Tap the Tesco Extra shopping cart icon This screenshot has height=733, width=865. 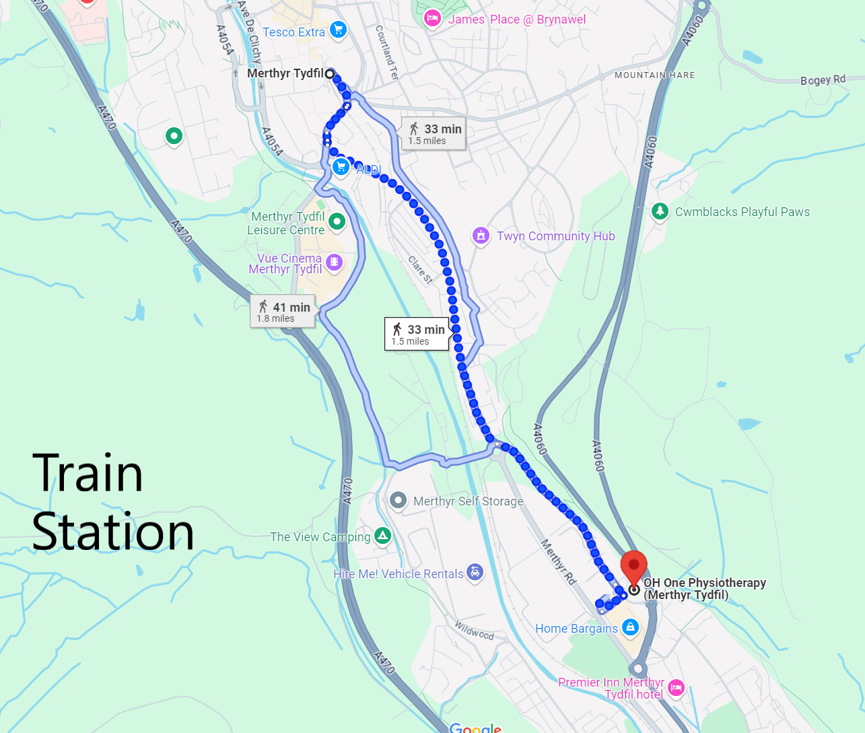click(338, 30)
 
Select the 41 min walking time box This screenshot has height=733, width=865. click(283, 312)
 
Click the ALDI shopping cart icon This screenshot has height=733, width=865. click(341, 167)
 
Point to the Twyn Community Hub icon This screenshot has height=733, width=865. click(480, 236)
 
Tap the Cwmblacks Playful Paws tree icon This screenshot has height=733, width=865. click(660, 211)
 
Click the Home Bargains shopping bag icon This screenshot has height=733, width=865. click(630, 627)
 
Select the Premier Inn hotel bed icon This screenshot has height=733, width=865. click(676, 687)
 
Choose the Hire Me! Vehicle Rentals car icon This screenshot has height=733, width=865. click(475, 573)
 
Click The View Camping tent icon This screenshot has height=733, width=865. click(382, 536)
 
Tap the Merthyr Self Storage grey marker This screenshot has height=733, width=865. click(399, 500)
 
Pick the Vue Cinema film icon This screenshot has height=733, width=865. click(334, 262)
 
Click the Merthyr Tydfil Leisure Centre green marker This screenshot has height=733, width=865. click(337, 221)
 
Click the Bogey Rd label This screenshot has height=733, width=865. click(823, 79)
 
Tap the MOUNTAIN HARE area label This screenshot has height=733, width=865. click(654, 75)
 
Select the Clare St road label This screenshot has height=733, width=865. click(420, 270)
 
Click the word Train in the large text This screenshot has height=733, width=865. click(88, 473)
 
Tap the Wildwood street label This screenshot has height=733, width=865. click(474, 631)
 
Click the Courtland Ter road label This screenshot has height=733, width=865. click(386, 53)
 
